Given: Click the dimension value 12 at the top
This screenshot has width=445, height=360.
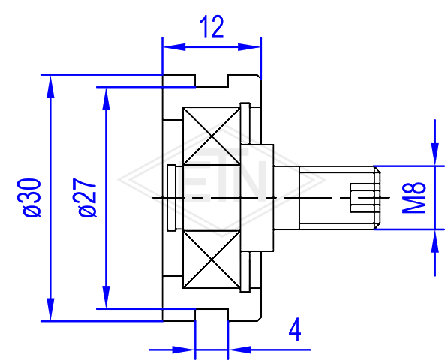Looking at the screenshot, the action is [212, 27].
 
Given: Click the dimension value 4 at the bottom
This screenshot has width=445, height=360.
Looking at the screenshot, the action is [295, 330].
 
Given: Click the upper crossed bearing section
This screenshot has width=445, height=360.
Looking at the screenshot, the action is [212, 136].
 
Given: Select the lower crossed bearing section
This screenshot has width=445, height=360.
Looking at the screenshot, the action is [212, 259].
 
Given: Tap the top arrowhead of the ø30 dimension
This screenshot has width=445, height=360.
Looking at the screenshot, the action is [50, 86].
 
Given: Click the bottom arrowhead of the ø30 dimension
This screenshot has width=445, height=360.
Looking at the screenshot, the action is [50, 310].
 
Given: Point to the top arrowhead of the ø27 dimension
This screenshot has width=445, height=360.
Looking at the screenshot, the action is [106, 98].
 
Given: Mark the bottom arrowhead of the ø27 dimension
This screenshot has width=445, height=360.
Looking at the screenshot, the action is [106, 297].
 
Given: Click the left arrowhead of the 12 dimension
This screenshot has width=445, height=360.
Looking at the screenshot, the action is [174, 47].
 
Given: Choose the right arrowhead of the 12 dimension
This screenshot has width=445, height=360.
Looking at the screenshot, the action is [249, 47].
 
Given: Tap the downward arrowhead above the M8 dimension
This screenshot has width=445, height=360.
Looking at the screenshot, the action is [434, 154].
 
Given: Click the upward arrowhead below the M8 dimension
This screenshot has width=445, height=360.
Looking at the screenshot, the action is [434, 241].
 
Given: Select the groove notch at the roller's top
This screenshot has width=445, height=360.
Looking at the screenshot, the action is [212, 81].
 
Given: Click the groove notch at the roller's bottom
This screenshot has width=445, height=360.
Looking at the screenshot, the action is [212, 315].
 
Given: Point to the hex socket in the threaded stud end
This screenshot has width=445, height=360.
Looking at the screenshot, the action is [365, 198].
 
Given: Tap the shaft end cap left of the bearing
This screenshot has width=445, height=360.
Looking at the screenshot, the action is [172, 198].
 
